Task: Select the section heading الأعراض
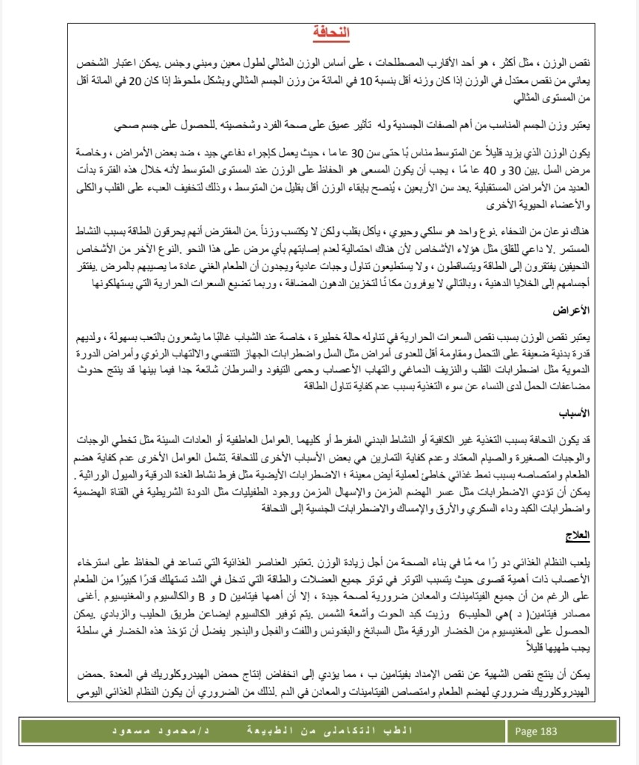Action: [575, 329]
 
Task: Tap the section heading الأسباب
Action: [576, 413]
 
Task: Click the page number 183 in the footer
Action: [547, 731]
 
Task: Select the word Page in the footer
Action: [525, 731]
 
